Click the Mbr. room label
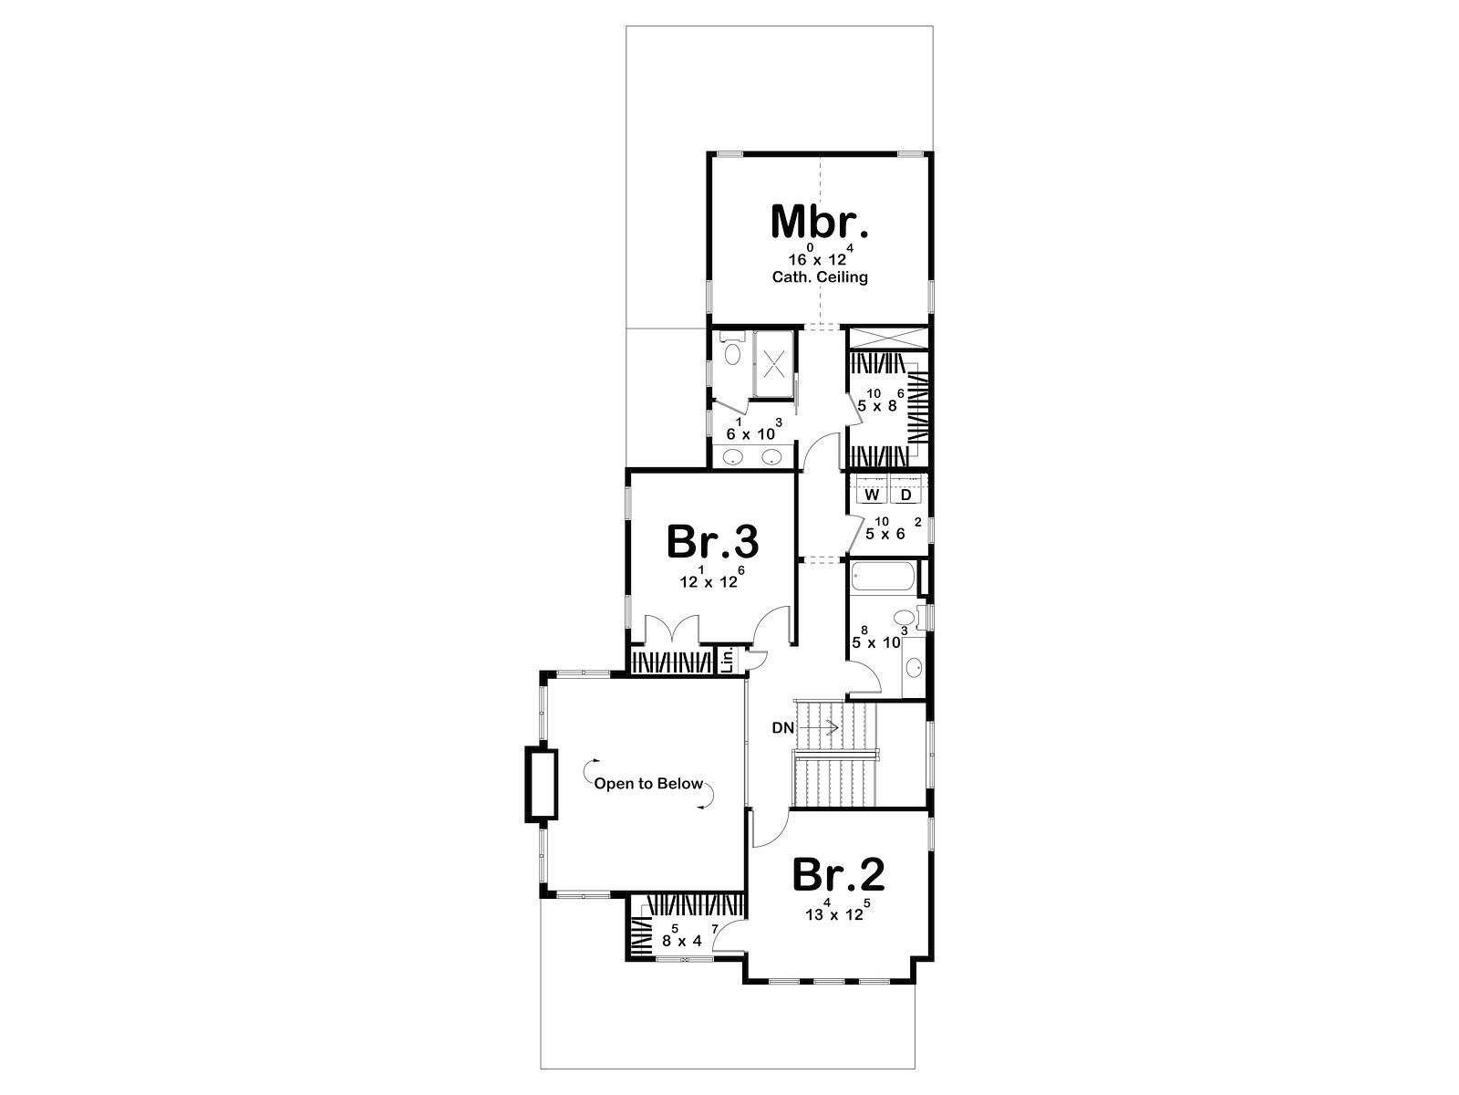[820, 222]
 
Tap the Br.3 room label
[712, 542]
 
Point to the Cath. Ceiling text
[820, 276]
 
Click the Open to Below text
[648, 784]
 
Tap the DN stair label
[783, 728]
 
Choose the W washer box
[872, 495]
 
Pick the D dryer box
[906, 495]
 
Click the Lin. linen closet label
[727, 660]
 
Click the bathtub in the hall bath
[883, 577]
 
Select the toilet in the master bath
[732, 349]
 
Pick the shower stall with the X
[773, 364]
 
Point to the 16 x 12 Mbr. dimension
[821, 256]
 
